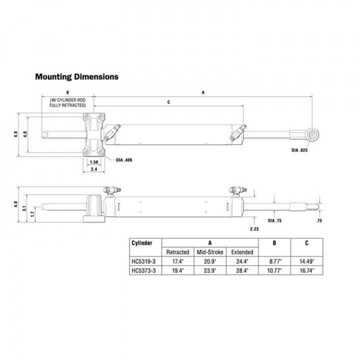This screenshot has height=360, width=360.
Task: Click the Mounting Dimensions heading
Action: tap(76, 77)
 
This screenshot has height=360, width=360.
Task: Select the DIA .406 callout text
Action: tap(124, 160)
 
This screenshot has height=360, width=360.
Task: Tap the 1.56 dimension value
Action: tap(93, 162)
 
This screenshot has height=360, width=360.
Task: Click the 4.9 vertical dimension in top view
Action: tap(16, 134)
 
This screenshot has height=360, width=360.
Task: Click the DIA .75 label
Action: tap(274, 220)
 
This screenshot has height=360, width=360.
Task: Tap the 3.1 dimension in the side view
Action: tap(24, 208)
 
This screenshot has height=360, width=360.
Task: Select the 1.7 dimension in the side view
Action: tap(32, 213)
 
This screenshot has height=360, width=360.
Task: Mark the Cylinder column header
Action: tap(141, 243)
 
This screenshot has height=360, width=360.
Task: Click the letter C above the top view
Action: tap(168, 102)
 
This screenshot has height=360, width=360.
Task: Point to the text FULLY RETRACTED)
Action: tap(67, 106)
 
